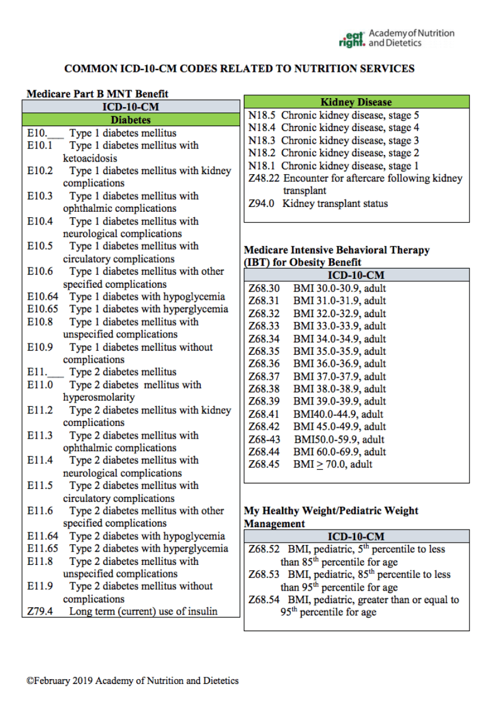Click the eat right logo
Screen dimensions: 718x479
coord(351,39)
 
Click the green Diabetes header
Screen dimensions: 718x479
coord(130,120)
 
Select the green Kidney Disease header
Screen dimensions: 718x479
coord(356,102)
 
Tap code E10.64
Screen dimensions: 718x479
coord(43,297)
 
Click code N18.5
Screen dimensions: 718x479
coord(262,115)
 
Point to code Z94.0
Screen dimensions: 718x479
coord(261,203)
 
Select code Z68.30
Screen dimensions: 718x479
coord(264,288)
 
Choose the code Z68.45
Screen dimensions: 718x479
coord(264,464)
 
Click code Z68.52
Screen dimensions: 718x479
coord(264,549)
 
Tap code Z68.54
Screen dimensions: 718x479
coord(264,600)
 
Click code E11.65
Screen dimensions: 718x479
coord(43,548)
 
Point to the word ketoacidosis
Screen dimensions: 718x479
coord(90,159)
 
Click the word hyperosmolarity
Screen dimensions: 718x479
coord(99,397)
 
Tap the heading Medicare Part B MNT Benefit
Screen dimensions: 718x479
coord(98,93)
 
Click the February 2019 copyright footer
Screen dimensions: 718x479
coord(132,680)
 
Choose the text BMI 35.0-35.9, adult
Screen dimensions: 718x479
coord(339,351)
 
